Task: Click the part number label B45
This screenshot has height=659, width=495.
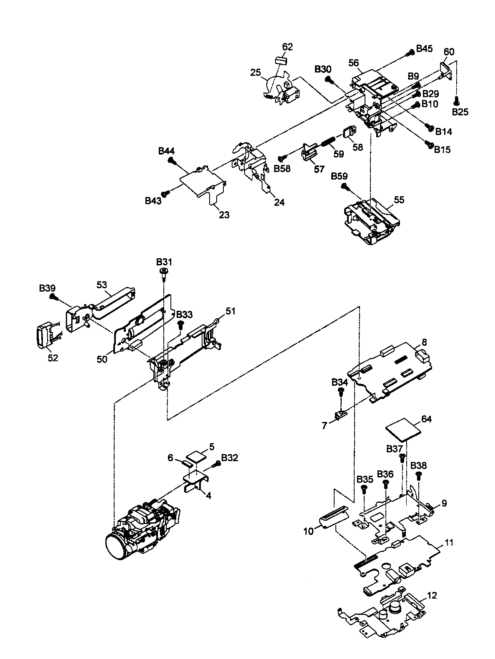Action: pos(424,49)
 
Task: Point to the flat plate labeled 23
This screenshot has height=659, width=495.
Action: pos(202,181)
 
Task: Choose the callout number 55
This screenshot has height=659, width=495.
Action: pos(399,200)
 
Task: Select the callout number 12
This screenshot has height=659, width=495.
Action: pos(432,595)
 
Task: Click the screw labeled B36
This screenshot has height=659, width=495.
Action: pos(385,483)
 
